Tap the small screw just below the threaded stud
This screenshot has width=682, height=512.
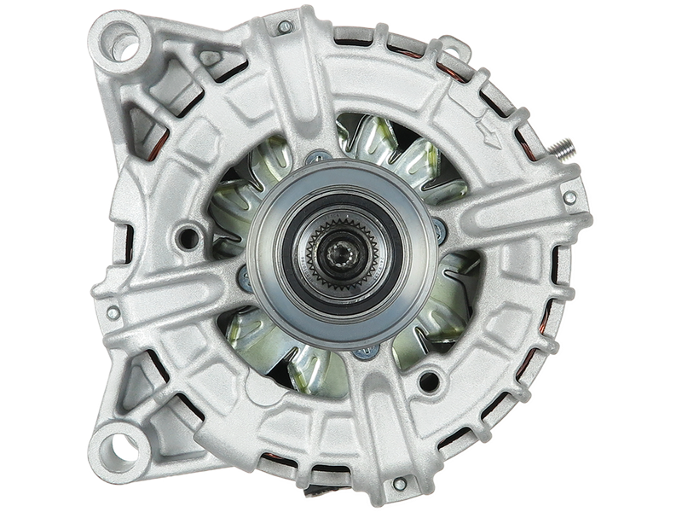click(569, 198)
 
